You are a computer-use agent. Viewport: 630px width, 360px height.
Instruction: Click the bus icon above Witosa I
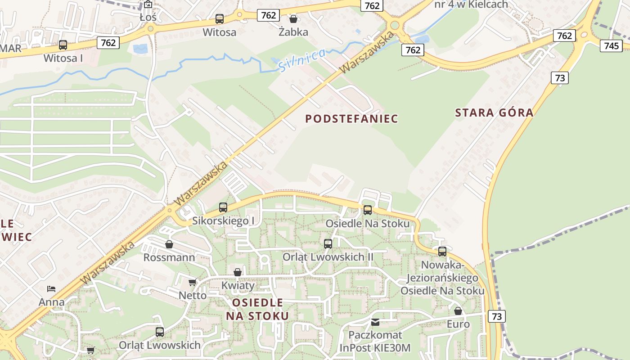point(63,45)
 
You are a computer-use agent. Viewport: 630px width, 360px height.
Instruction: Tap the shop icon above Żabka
point(293,19)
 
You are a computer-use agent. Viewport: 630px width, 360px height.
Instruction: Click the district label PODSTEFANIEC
point(351,119)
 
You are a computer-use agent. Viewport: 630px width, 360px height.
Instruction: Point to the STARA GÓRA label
point(494,112)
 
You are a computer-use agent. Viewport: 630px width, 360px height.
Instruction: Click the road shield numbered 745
point(611,45)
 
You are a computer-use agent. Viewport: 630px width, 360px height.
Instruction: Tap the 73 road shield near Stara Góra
point(560,78)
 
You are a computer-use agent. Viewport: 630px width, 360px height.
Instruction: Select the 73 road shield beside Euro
point(497,316)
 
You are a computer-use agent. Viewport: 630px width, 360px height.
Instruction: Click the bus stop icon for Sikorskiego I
point(223,207)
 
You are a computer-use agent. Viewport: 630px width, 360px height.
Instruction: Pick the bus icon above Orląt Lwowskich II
point(328,244)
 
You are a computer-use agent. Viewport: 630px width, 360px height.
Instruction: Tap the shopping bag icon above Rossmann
point(169,244)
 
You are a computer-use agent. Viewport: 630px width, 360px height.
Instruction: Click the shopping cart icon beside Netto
point(192,283)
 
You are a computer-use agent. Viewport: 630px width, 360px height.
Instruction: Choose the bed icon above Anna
point(51,288)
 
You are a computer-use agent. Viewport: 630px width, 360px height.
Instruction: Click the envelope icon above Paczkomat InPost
point(375,322)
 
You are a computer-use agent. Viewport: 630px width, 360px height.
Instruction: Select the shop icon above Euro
point(458,311)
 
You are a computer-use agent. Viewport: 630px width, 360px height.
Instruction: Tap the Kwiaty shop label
point(238,285)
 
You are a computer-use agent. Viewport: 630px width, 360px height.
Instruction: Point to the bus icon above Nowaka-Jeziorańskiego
point(442,252)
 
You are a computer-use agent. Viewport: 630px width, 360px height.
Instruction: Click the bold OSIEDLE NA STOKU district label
point(257,309)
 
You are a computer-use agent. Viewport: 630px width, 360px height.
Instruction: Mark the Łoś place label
point(148,18)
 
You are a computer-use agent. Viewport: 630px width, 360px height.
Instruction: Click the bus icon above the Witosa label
point(220,19)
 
